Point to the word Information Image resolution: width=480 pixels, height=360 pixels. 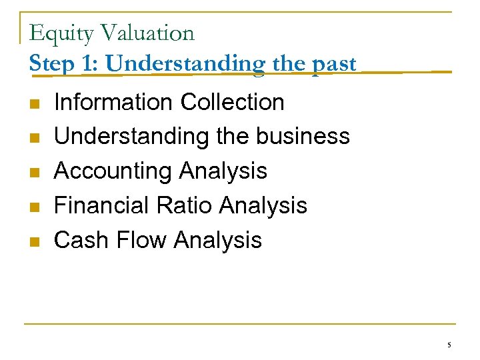tap(114, 102)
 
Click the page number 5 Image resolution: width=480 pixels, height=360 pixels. tap(449, 345)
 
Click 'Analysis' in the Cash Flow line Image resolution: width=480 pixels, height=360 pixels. tap(219, 240)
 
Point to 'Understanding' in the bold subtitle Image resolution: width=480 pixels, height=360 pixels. tap(184, 64)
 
